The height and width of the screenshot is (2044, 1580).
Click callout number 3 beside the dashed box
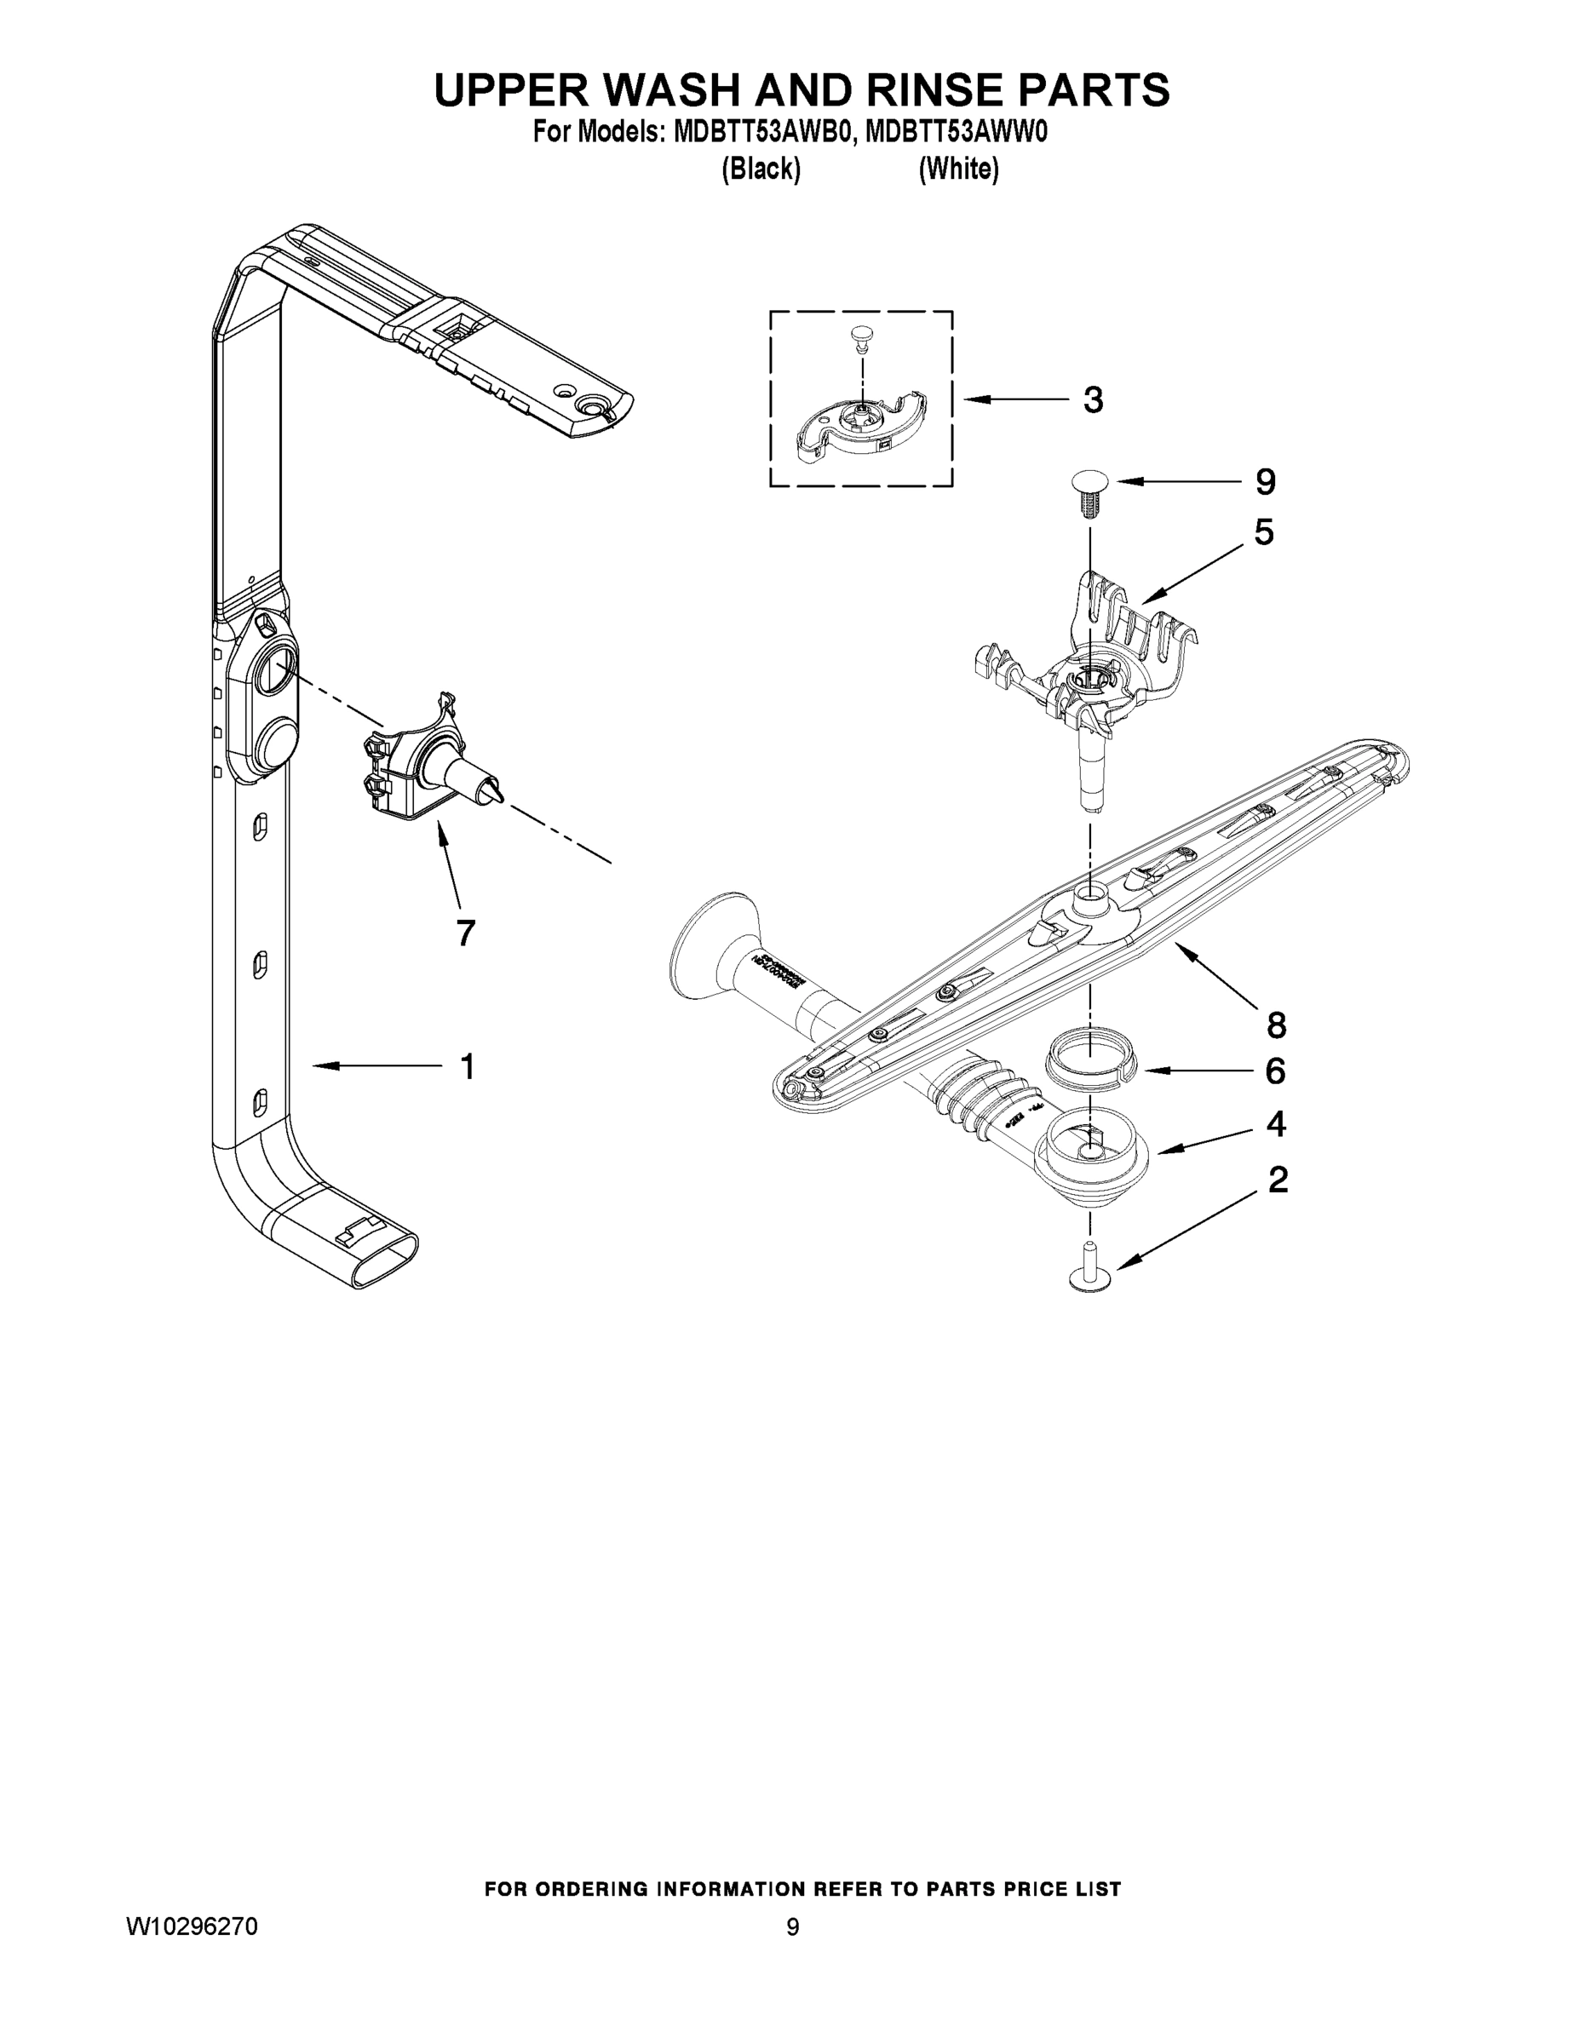click(x=1092, y=400)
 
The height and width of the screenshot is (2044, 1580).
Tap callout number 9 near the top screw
click(x=1265, y=482)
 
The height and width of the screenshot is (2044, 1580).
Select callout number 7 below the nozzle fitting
click(x=465, y=933)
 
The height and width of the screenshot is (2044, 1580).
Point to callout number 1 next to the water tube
click(x=467, y=1066)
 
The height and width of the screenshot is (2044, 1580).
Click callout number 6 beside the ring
click(x=1275, y=1071)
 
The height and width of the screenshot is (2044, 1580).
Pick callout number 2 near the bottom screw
click(x=1278, y=1180)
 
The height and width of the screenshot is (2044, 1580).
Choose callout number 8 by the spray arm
click(x=1277, y=1025)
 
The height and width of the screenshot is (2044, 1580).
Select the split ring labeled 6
click(x=1088, y=1069)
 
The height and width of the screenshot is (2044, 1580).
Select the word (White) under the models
click(x=958, y=169)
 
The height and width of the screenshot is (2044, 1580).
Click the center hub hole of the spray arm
click(x=1089, y=901)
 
